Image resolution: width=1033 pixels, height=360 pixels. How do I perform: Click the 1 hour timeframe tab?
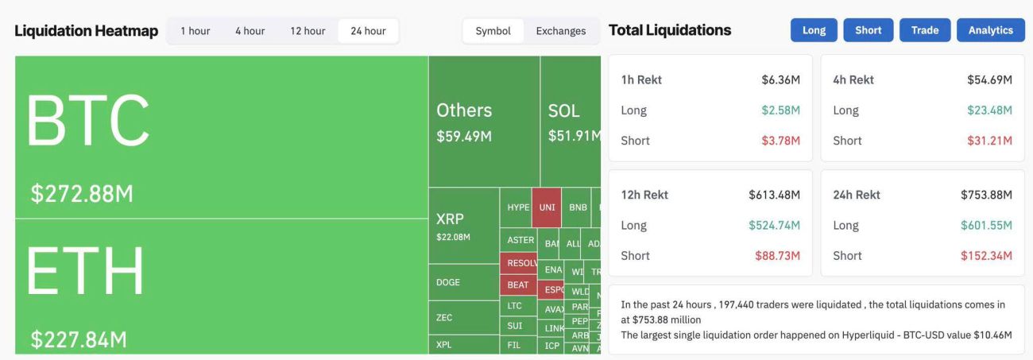point(195,31)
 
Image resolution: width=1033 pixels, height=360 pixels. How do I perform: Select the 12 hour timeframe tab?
point(308,31)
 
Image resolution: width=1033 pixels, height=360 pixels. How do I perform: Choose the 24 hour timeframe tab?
point(368,31)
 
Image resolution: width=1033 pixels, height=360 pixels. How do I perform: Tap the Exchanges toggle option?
point(560,31)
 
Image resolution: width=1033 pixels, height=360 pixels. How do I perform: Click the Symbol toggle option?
point(493,31)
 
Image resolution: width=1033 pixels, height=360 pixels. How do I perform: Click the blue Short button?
point(868,30)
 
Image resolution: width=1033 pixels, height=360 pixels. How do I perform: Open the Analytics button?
point(990,30)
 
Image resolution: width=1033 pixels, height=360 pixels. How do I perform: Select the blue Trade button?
point(925,30)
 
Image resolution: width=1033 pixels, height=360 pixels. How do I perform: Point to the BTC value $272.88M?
point(82,193)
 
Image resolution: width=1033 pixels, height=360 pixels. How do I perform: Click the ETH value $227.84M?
point(79,340)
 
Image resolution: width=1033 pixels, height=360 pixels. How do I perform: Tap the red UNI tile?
point(547,207)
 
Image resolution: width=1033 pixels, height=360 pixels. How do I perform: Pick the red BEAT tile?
point(518,285)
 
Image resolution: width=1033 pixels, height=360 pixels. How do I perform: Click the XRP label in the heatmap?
point(450,219)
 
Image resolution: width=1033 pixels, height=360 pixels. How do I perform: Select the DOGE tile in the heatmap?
point(448,282)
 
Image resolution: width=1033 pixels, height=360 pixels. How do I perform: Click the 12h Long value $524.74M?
point(774,225)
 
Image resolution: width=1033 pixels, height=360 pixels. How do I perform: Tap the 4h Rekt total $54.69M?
point(989,79)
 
